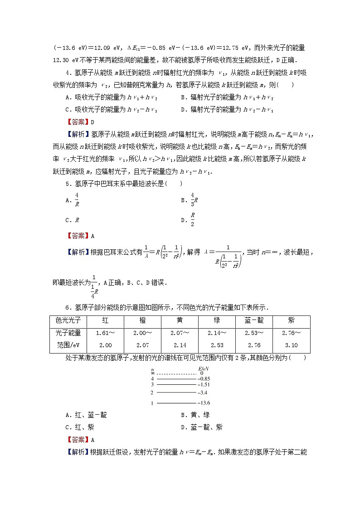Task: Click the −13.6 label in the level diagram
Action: click(x=204, y=402)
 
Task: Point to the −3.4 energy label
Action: click(x=202, y=393)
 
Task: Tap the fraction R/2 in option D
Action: click(x=192, y=219)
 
